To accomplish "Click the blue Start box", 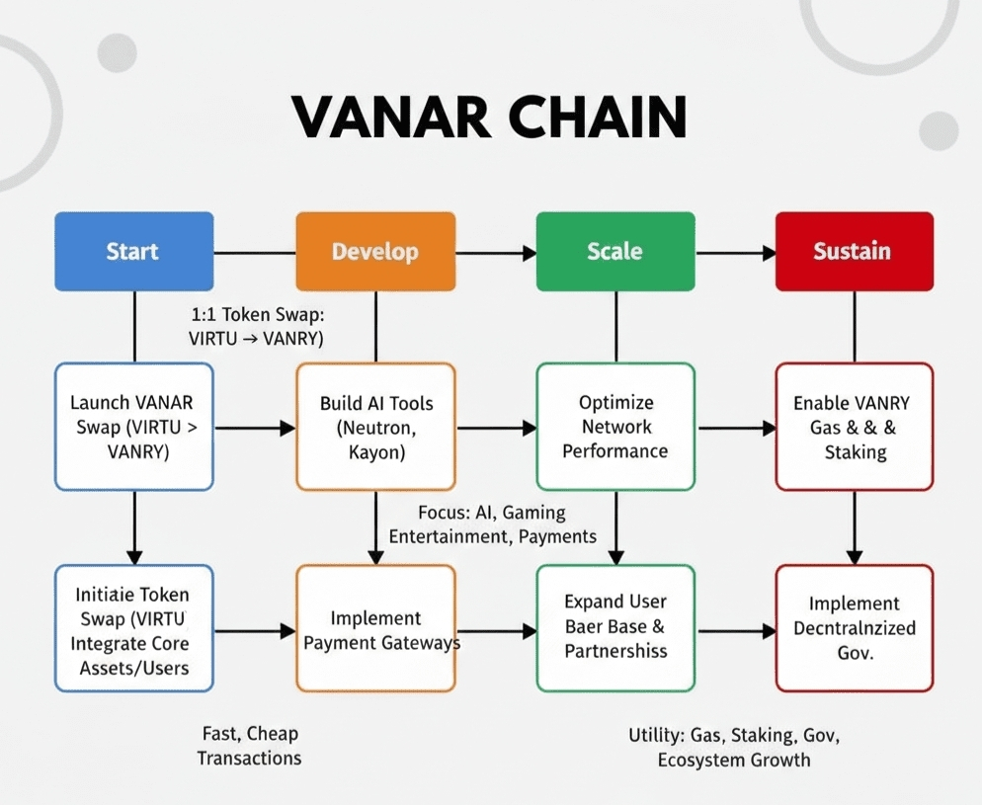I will pyautogui.click(x=133, y=251).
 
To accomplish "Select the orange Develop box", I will pyautogui.click(x=375, y=251).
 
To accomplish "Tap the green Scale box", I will pyautogui.click(x=614, y=251).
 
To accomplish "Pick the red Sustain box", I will pyautogui.click(x=854, y=251).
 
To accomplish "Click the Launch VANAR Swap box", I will pyautogui.click(x=133, y=427).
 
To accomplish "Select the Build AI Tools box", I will pyautogui.click(x=375, y=427).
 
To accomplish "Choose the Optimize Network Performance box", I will pyautogui.click(x=614, y=427).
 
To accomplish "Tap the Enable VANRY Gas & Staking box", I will pyautogui.click(x=854, y=427).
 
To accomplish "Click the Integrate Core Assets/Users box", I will pyautogui.click(x=133, y=628).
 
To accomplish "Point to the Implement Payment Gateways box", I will pyautogui.click(x=375, y=628).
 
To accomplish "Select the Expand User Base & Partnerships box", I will pyautogui.click(x=614, y=628).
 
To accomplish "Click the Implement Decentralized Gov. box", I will pyautogui.click(x=854, y=628).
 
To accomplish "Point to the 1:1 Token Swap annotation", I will pyautogui.click(x=256, y=327).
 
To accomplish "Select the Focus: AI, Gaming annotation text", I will pyautogui.click(x=492, y=524).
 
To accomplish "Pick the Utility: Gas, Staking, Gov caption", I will pyautogui.click(x=734, y=748).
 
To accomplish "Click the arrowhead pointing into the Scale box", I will pyautogui.click(x=529, y=254).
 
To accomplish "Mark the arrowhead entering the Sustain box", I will pyautogui.click(x=768, y=254).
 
